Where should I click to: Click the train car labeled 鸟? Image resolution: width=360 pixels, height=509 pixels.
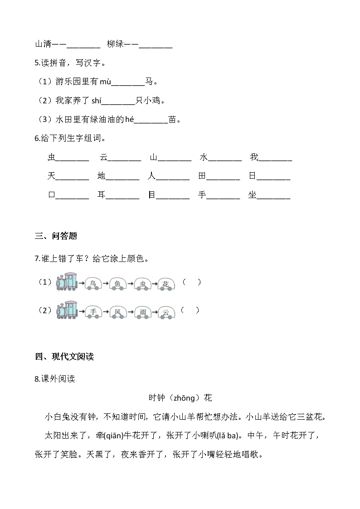coord(93,284)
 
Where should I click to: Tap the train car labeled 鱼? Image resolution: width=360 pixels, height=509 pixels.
coord(118,284)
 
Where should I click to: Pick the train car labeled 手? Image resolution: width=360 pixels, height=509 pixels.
coord(93,312)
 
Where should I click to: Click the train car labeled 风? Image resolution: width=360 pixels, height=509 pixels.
coord(118,312)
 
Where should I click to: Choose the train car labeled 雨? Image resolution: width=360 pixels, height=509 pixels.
coord(142,312)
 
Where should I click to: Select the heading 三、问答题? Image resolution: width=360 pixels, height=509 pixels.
coord(56,236)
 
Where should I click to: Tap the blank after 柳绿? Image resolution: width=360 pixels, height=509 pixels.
coord(156,45)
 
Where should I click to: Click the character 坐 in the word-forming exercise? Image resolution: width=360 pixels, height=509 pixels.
coord(252,195)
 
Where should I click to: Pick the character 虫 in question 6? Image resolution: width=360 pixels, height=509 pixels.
coord(51,158)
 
